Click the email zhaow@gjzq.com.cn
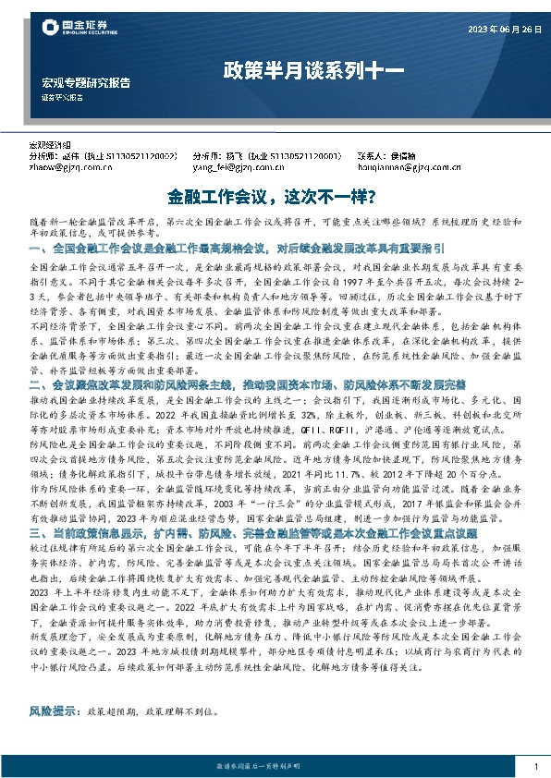click(64, 168)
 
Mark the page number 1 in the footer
click(535, 767)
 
